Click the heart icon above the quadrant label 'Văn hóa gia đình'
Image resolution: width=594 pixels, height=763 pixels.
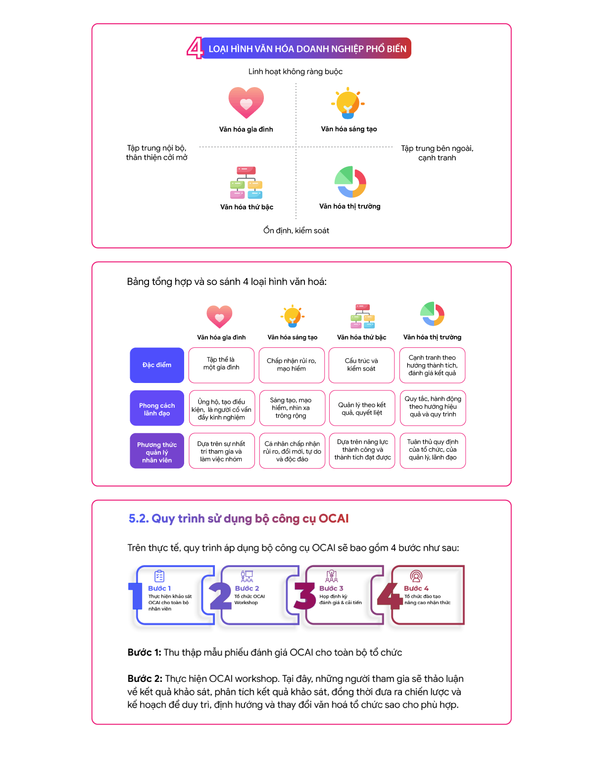(x=246, y=102)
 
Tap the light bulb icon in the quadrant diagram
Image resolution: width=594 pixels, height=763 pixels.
(x=348, y=103)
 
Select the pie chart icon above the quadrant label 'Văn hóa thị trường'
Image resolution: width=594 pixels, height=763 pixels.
(x=350, y=182)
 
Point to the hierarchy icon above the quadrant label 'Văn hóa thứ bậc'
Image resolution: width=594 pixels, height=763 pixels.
(x=246, y=183)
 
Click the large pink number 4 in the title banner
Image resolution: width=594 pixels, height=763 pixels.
(x=195, y=48)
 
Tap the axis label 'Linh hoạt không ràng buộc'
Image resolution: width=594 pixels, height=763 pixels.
(x=295, y=72)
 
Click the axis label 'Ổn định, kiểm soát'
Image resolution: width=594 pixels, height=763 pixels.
(x=296, y=231)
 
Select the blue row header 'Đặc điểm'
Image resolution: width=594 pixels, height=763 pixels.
(x=156, y=365)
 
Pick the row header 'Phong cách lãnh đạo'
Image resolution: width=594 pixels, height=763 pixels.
(x=156, y=408)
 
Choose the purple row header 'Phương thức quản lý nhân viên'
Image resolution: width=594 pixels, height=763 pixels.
(x=156, y=451)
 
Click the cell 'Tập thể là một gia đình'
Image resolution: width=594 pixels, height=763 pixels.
(x=221, y=365)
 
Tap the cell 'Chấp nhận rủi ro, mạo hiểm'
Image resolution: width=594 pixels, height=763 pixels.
(x=292, y=365)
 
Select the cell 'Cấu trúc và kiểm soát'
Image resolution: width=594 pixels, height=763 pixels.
(x=361, y=365)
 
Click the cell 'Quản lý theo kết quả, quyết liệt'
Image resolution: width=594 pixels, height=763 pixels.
(x=362, y=408)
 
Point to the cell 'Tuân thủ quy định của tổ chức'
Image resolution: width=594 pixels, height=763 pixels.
(x=433, y=451)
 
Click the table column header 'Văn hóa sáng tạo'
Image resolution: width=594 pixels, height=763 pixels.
(x=292, y=337)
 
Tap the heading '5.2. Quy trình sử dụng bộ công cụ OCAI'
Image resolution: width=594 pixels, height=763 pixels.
(x=239, y=519)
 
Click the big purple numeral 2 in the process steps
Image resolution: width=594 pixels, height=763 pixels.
(x=220, y=596)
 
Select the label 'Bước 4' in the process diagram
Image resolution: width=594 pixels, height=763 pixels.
(x=416, y=588)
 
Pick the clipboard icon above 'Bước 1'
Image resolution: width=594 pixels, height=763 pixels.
(x=159, y=576)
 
